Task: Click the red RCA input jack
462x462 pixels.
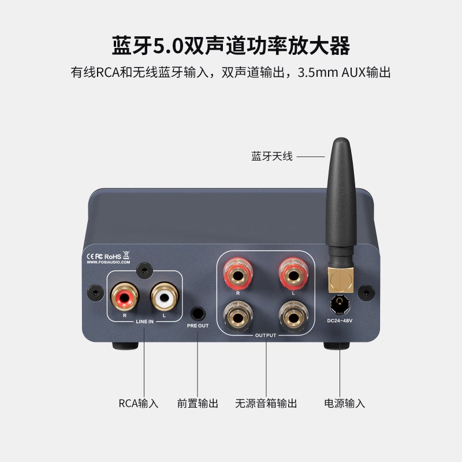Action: click(x=124, y=299)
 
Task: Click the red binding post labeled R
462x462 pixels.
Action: click(x=238, y=273)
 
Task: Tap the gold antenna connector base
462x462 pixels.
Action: click(x=341, y=279)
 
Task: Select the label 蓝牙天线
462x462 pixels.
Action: click(x=272, y=157)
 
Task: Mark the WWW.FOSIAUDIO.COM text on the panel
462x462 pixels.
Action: click(x=108, y=262)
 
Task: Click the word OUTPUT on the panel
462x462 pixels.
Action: click(x=266, y=335)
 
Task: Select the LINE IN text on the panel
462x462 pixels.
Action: click(x=144, y=321)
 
